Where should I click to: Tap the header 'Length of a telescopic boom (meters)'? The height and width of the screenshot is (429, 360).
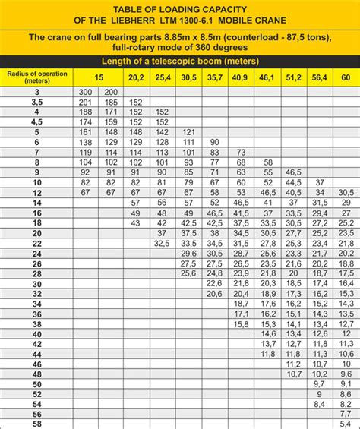tap(179, 61)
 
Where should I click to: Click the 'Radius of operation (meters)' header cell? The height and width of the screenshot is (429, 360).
tap(36, 77)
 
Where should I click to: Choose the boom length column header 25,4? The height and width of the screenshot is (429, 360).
tap(163, 77)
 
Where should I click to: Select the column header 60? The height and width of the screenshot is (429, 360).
tap(346, 77)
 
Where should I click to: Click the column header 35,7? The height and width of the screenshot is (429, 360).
tap(215, 77)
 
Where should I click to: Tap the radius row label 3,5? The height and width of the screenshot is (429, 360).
tap(36, 102)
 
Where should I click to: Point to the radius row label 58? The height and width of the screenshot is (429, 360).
tap(36, 424)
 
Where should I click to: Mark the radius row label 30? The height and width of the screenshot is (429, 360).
tap(36, 283)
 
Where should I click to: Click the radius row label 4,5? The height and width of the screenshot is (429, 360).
tap(36, 121)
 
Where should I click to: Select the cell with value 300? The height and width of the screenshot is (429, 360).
tap(85, 92)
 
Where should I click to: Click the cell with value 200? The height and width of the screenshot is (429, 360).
tap(111, 92)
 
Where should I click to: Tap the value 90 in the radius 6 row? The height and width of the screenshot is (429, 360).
tap(215, 142)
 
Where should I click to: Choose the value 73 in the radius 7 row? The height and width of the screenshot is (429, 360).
tap(242, 152)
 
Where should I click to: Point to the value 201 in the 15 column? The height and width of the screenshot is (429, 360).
tap(85, 102)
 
